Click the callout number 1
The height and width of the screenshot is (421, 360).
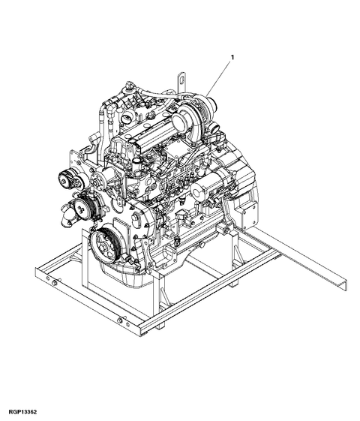(232, 57)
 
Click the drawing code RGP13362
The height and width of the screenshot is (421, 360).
(22, 412)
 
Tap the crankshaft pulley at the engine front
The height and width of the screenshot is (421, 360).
(103, 242)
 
